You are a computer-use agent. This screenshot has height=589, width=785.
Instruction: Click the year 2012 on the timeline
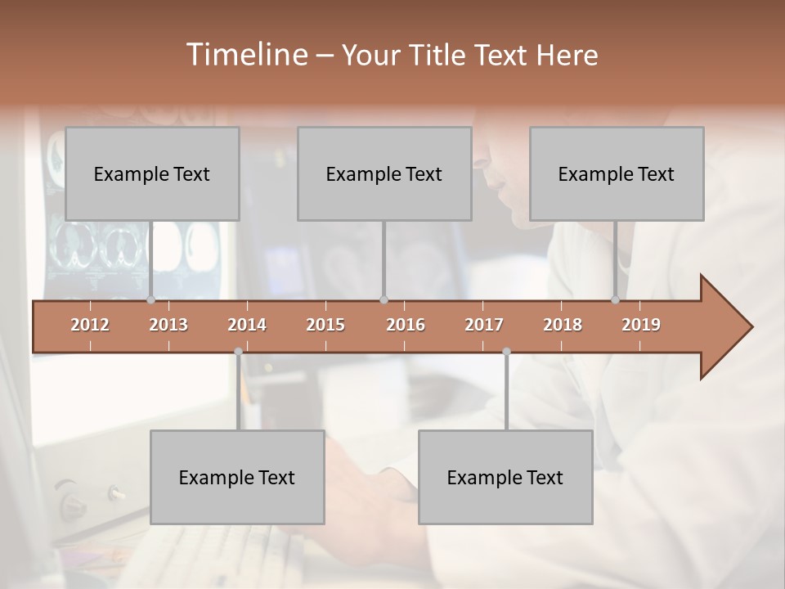(x=90, y=325)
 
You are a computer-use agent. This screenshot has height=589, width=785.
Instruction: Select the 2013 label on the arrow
(x=168, y=325)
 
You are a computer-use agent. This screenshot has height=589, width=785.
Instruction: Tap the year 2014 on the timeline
(x=247, y=325)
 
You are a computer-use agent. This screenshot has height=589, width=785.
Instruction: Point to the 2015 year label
(x=325, y=325)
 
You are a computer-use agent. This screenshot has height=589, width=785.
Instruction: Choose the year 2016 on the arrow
(x=406, y=325)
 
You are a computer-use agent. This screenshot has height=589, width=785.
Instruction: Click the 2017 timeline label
(x=484, y=325)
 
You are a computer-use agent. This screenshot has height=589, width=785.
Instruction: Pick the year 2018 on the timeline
(x=563, y=325)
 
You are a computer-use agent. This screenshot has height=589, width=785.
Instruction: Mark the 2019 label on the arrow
(x=641, y=325)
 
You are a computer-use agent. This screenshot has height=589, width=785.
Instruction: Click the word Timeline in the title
(x=246, y=55)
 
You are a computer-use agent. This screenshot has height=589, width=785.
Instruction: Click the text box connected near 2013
(x=152, y=173)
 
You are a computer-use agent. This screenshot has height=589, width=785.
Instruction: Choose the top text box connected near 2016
(x=384, y=173)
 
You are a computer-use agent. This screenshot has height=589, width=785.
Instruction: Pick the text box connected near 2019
(x=617, y=173)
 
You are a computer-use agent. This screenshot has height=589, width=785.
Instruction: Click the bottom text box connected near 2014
(x=237, y=477)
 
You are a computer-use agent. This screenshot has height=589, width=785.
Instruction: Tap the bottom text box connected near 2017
(x=505, y=477)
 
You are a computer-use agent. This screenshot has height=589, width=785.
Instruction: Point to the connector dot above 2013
(x=150, y=300)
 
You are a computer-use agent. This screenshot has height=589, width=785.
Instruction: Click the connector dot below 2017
(x=506, y=352)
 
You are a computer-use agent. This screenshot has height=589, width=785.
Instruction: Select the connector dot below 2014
(x=238, y=352)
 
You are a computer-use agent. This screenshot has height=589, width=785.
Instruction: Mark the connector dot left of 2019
(x=615, y=300)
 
